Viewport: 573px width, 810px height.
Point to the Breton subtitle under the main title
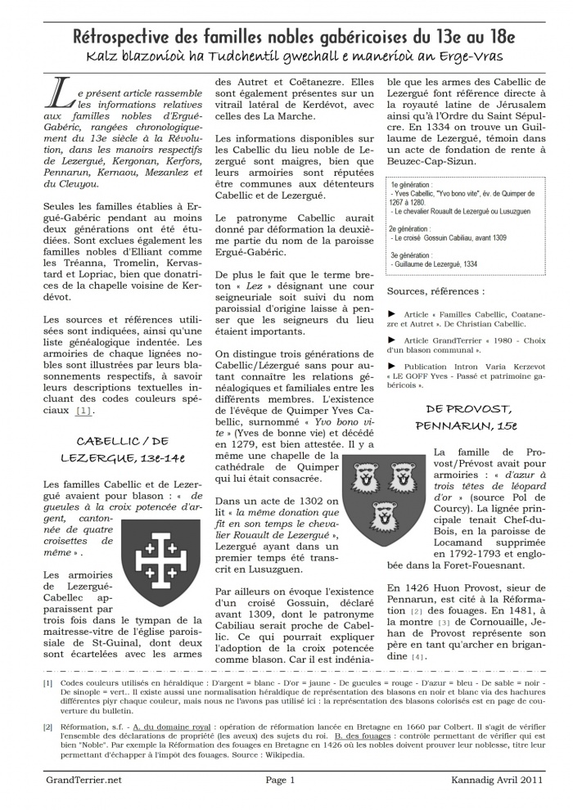(x=286, y=56)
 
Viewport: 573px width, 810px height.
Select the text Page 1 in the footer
(x=280, y=781)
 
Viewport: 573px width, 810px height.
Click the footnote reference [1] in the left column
(x=83, y=410)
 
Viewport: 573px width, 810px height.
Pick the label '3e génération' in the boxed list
(x=413, y=255)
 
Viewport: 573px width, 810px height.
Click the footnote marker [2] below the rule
(x=48, y=727)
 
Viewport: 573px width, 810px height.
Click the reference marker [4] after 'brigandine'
(x=418, y=657)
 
